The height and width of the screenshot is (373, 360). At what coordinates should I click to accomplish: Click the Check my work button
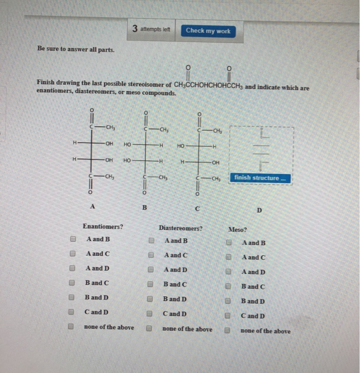(208, 31)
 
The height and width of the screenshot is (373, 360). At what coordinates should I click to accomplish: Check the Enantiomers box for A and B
(73, 240)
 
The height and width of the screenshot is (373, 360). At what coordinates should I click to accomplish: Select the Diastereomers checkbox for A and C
(152, 255)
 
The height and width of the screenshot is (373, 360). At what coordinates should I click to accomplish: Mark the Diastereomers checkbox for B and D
(151, 299)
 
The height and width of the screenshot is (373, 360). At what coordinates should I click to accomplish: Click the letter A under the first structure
(93, 205)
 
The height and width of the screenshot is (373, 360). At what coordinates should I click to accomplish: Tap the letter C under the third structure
(198, 208)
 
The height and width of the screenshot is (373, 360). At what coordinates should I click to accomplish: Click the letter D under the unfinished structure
(259, 210)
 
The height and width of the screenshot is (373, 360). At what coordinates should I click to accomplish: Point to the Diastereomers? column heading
(181, 228)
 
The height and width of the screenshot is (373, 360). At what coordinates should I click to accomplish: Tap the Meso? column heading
(238, 230)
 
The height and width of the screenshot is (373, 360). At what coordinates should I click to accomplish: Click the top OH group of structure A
(109, 144)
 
